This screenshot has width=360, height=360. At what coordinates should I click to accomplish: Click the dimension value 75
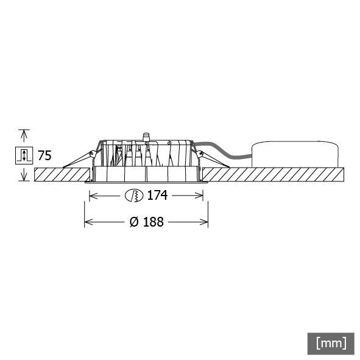[44, 155]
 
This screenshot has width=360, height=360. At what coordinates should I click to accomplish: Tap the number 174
[157, 196]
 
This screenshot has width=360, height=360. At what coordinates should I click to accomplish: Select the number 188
[153, 222]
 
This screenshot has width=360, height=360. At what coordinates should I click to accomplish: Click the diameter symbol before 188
[134, 222]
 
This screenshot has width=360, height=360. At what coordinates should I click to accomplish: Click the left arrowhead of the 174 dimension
[92, 196]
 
